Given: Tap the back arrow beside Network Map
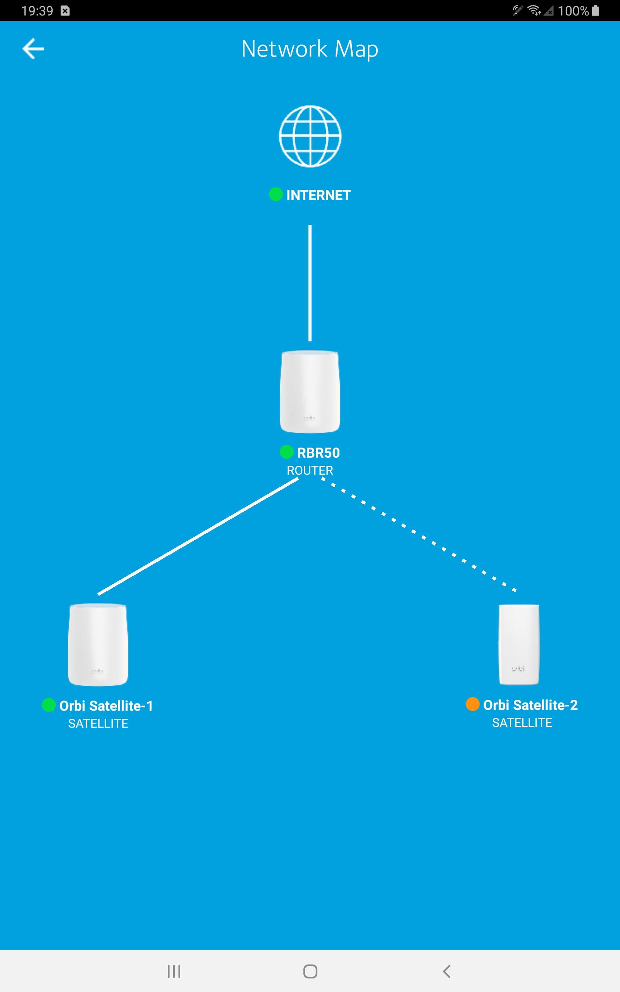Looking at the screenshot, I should pyautogui.click(x=33, y=49).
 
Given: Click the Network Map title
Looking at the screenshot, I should pyautogui.click(x=310, y=49).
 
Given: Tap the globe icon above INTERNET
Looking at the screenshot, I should pyautogui.click(x=310, y=136).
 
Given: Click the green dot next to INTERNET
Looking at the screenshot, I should pyautogui.click(x=276, y=194).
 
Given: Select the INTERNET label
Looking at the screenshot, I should pyautogui.click(x=318, y=195).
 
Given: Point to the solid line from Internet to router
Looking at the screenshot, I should pyautogui.click(x=310, y=283).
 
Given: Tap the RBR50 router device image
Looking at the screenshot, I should pyautogui.click(x=310, y=391).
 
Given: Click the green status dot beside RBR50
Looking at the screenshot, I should pyautogui.click(x=286, y=452).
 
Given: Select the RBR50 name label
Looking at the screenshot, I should pyautogui.click(x=318, y=453).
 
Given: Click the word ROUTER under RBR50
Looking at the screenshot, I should pyautogui.click(x=310, y=470).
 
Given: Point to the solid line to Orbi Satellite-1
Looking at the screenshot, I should pyautogui.click(x=198, y=536).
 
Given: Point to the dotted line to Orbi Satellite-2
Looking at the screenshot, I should pyautogui.click(x=418, y=534).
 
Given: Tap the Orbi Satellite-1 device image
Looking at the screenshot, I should pyautogui.click(x=98, y=644).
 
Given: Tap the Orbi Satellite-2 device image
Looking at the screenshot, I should pyautogui.click(x=519, y=644).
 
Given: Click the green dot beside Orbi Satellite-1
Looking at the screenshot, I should pyautogui.click(x=49, y=705).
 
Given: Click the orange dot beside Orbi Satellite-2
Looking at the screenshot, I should pyautogui.click(x=472, y=704).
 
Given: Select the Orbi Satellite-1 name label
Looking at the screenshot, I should pyautogui.click(x=106, y=706).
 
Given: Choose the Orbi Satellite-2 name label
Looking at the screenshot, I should pyautogui.click(x=530, y=705).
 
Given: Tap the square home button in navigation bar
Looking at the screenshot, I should pyautogui.click(x=310, y=971).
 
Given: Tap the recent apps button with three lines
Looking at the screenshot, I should pyautogui.click(x=174, y=971).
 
